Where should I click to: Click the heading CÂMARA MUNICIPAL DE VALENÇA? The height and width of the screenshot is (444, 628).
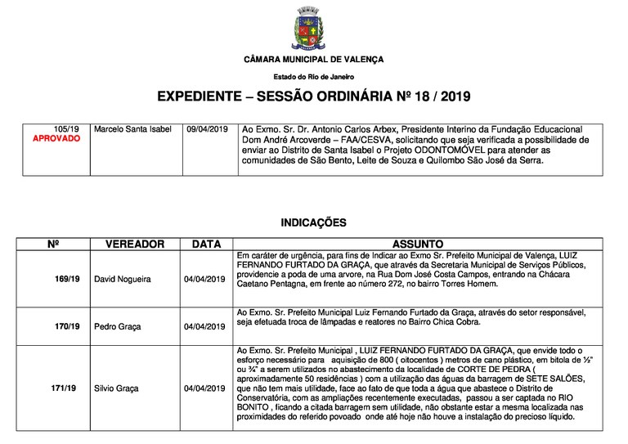click(x=314, y=61)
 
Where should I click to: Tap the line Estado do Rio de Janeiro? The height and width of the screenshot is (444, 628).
click(x=314, y=77)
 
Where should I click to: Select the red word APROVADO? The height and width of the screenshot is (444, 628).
click(x=56, y=139)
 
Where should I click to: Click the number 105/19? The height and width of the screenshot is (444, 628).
click(x=66, y=129)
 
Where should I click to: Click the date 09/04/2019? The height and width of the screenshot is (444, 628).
click(x=207, y=129)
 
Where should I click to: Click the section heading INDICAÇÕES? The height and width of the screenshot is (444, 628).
click(x=313, y=222)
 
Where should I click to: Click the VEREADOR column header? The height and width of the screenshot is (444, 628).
click(x=135, y=244)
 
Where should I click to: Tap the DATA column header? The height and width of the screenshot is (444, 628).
click(x=206, y=244)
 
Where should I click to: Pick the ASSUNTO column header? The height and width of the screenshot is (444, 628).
click(x=418, y=244)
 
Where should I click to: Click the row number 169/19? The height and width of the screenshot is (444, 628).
click(x=67, y=279)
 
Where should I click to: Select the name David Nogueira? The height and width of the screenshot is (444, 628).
click(x=123, y=279)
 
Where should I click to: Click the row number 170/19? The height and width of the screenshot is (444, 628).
click(x=67, y=326)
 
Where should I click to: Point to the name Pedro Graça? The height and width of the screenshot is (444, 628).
click(x=118, y=326)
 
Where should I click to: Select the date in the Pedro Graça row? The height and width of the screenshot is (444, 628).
click(x=204, y=326)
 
